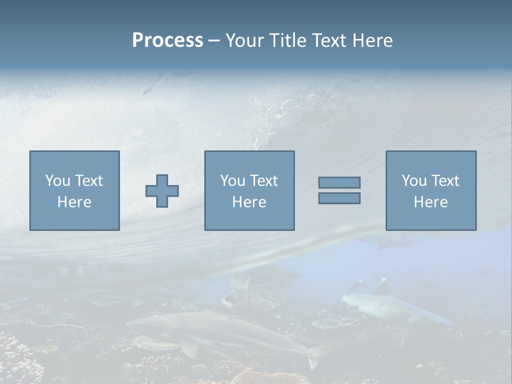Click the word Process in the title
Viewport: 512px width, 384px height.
(x=167, y=41)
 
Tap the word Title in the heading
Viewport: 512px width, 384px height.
(x=286, y=41)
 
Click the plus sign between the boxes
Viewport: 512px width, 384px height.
(x=162, y=191)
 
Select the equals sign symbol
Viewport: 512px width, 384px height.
(x=339, y=190)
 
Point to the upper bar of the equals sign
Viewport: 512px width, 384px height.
(x=339, y=183)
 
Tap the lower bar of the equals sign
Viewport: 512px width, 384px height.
(x=339, y=198)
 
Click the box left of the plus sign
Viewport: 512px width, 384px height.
(x=74, y=191)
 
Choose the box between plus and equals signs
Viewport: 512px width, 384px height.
(x=249, y=191)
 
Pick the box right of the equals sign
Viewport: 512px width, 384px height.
(x=430, y=191)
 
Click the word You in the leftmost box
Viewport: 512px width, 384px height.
(x=58, y=181)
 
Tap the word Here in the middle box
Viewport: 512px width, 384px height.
(x=249, y=202)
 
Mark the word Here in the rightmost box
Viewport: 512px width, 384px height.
(x=430, y=202)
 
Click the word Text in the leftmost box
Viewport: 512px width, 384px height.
(x=89, y=181)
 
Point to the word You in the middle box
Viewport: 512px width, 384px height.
(x=233, y=181)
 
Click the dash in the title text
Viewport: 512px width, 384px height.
(x=214, y=41)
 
